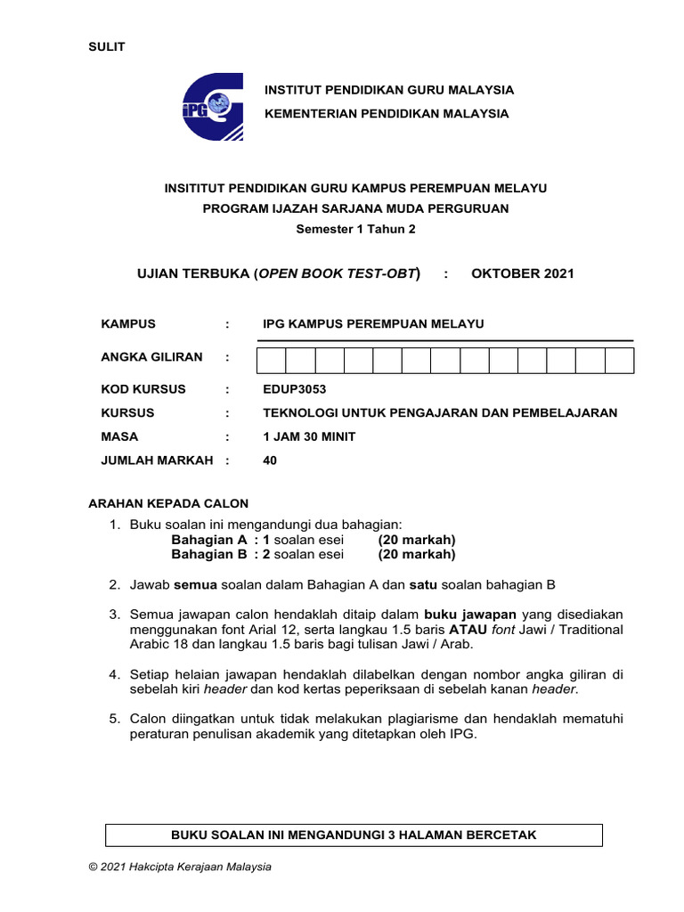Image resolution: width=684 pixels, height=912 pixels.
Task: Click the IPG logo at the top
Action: [213, 107]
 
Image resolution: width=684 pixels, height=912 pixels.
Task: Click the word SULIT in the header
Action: [106, 47]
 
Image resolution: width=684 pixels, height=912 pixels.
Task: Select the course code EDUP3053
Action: [289, 389]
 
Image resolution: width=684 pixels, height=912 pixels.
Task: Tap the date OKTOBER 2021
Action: [523, 273]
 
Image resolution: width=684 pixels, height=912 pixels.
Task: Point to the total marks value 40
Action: [270, 460]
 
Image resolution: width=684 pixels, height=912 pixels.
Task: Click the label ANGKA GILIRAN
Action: [152, 357]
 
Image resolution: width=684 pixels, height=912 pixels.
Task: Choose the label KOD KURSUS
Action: [144, 389]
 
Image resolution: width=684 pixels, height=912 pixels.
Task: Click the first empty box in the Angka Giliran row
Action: [272, 360]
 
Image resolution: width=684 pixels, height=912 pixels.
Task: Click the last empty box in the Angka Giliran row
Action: [619, 360]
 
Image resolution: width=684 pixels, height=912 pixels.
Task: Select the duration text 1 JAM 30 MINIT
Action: [309, 436]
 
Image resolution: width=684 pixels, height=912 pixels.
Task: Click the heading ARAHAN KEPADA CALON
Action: [167, 503]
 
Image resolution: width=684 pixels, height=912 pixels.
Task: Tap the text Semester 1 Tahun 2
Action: [355, 229]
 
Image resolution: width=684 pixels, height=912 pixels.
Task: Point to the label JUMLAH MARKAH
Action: [157, 460]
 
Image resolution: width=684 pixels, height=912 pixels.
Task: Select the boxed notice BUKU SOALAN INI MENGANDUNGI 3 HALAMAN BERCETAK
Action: [354, 835]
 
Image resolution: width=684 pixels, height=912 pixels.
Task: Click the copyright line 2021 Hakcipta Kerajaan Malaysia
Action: [180, 867]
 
